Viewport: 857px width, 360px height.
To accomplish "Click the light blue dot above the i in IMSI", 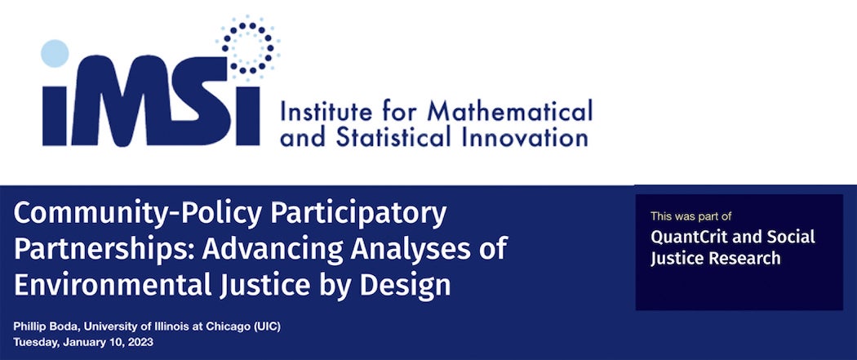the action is click(x=56, y=53).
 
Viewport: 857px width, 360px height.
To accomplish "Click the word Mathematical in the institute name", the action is click(x=510, y=112).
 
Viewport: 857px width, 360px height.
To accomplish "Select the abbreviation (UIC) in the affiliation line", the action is click(x=266, y=327).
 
